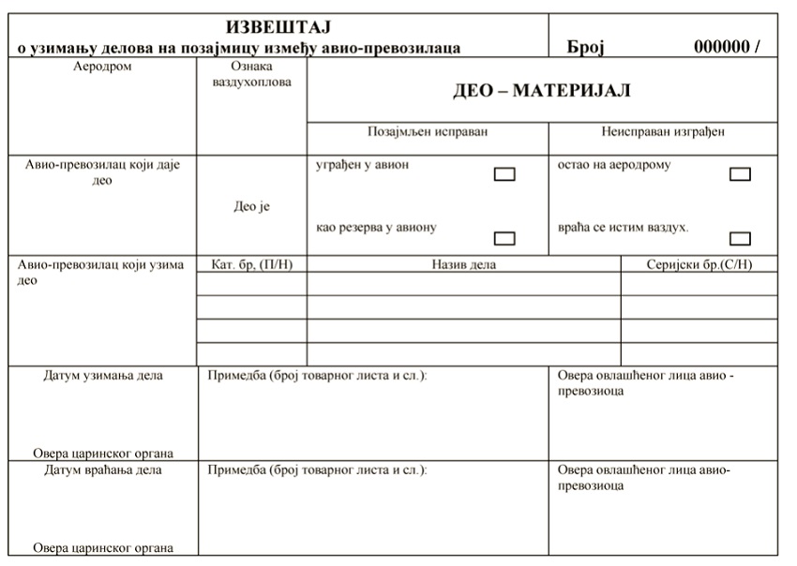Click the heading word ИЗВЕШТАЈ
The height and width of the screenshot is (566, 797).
point(279,27)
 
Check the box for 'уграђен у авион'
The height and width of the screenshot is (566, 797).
point(504,173)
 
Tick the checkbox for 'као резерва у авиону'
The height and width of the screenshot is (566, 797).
point(504,237)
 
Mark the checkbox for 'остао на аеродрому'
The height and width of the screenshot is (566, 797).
point(740,173)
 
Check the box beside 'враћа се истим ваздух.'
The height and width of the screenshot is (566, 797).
point(740,237)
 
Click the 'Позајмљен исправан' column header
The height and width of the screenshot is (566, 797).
point(428,132)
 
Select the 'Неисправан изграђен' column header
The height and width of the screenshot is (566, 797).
point(663,132)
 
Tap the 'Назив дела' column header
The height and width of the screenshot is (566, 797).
point(464,264)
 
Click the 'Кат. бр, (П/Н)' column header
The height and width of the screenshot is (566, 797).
point(252,264)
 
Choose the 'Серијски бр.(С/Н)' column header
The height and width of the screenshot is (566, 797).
point(699,264)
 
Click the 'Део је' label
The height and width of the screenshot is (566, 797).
point(250,207)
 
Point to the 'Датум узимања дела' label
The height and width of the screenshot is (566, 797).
point(103,376)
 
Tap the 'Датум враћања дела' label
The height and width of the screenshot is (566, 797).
point(103,469)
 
